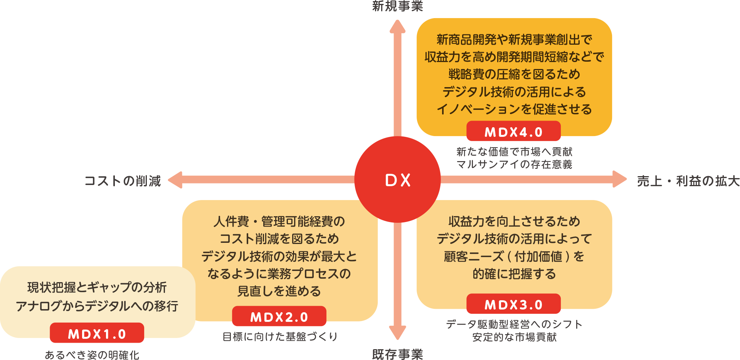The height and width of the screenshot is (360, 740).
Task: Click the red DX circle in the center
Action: (397, 180)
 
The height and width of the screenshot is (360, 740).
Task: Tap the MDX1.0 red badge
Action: (97, 333)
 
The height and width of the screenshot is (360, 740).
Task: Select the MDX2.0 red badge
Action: (279, 317)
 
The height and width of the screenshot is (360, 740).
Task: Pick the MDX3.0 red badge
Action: (513, 304)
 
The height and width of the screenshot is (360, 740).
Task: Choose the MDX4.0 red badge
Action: (513, 132)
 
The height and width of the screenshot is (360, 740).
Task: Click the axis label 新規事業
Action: (397, 6)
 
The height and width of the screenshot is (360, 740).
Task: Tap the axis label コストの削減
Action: (123, 180)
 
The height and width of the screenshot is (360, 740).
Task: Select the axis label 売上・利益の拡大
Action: (688, 180)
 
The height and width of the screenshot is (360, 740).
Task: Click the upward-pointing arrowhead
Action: (397, 27)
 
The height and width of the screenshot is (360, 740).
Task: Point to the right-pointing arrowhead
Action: (619, 179)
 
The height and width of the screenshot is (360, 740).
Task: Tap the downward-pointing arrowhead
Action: (397, 332)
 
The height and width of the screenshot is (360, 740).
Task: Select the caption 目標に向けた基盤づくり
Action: (280, 336)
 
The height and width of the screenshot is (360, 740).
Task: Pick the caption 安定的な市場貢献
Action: (515, 337)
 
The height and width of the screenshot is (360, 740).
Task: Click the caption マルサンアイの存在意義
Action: (515, 165)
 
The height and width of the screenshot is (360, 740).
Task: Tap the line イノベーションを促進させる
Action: (515, 109)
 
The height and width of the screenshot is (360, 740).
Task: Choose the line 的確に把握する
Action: (515, 274)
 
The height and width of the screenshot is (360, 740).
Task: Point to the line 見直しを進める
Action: (279, 291)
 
